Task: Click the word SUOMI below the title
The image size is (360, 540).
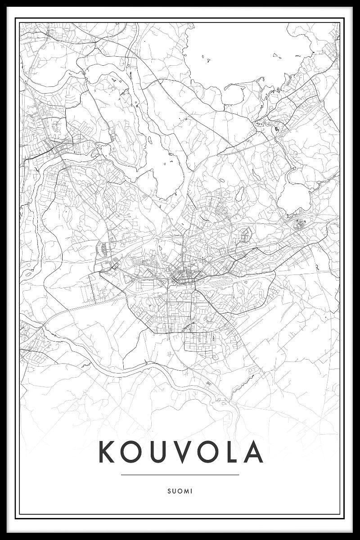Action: (x=180, y=491)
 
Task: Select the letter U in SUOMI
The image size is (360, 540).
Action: (x=174, y=491)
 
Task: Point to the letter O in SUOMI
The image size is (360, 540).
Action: (x=179, y=491)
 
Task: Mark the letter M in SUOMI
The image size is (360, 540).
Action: (x=185, y=491)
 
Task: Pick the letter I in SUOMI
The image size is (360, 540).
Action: (x=191, y=491)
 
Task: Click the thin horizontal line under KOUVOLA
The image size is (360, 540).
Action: (x=180, y=474)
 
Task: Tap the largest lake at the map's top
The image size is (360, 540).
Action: (x=243, y=49)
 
